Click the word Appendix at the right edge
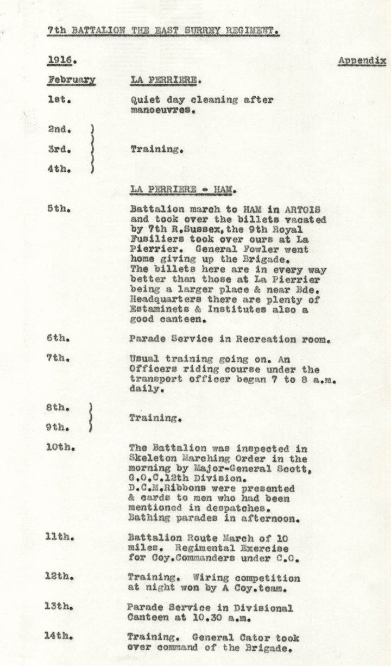coord(362,60)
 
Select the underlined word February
coord(71,80)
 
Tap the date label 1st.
coord(58,100)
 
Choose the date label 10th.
coord(60,448)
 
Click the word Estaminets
coord(156,309)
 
